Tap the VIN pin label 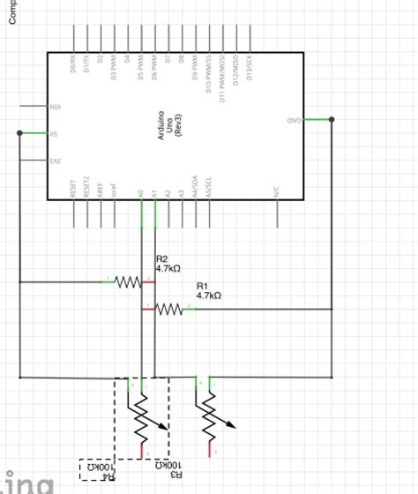coord(54,106)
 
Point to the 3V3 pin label coord(54,161)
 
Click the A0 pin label coord(141,191)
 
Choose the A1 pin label coord(154,191)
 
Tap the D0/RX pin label coord(72,64)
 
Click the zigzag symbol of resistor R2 coord(129,282)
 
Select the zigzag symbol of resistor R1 coord(169,309)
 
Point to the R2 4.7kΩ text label coord(168,263)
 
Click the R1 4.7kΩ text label coord(208,291)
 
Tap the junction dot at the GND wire coord(332,119)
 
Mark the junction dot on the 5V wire coord(19,134)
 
